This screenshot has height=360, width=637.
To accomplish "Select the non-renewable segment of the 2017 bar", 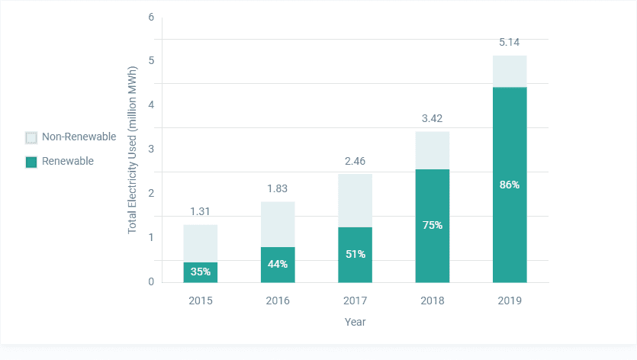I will click(x=355, y=201).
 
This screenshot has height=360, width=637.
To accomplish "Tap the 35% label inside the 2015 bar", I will click(x=201, y=272).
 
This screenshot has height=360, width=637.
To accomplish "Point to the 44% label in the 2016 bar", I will click(x=278, y=264).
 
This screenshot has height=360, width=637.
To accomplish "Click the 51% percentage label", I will click(x=355, y=254).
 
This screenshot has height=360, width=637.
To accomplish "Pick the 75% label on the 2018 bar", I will click(x=432, y=225).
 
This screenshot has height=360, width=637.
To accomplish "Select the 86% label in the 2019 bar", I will click(x=509, y=185).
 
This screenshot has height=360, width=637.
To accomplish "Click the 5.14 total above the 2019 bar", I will click(x=509, y=42).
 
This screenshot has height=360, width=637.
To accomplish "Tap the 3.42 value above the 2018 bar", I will click(x=432, y=118).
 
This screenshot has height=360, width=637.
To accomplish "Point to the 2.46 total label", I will click(x=355, y=161).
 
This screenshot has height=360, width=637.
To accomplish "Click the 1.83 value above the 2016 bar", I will click(x=278, y=188).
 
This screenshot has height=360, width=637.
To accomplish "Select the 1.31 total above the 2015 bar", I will click(x=201, y=211).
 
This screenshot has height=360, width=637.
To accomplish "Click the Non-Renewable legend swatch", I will click(x=31, y=137).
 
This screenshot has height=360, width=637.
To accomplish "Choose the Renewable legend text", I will click(x=68, y=161).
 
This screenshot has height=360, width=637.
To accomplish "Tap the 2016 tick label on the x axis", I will click(x=278, y=301).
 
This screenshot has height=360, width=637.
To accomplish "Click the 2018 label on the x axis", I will click(x=432, y=301).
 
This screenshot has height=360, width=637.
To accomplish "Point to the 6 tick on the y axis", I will click(x=151, y=17).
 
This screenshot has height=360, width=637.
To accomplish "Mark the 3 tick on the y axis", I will click(x=151, y=149).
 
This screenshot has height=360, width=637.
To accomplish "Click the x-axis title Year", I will click(x=355, y=322).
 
